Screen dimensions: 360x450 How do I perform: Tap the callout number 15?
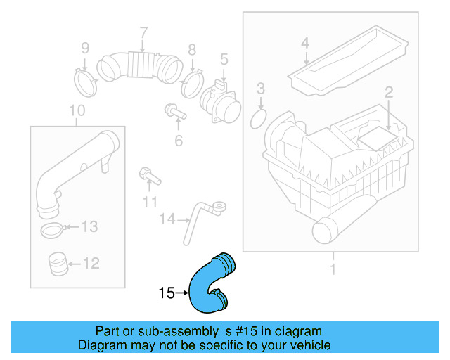coord(166,293)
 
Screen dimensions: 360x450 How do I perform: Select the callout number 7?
coord(143,32)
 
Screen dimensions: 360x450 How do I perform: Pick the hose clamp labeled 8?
coord(191,84)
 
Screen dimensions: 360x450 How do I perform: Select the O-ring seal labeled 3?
coord(258,117)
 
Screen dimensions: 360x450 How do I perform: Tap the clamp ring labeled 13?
coord(53,228)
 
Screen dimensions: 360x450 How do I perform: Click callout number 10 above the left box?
coord(77,110)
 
